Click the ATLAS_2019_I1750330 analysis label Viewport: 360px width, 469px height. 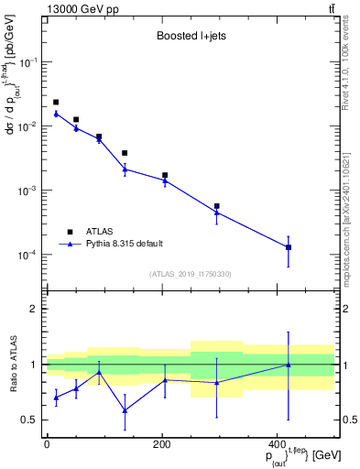[189, 274]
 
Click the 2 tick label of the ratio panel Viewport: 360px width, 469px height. [33, 309]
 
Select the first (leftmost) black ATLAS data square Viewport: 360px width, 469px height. [56, 103]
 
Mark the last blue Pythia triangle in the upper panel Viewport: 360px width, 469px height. [289, 247]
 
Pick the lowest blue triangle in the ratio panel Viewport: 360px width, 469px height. [125, 410]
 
